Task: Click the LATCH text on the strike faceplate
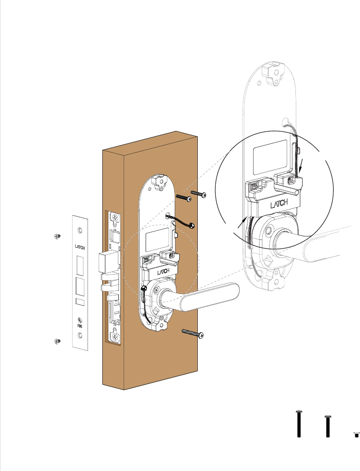coord(80,247)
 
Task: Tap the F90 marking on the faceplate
coord(80,325)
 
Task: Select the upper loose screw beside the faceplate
coord(57,236)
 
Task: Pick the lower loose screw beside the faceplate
coord(57,341)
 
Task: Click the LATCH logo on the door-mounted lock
coord(164,272)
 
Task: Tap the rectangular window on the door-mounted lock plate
coord(155,240)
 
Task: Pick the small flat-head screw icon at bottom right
coord(356,434)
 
